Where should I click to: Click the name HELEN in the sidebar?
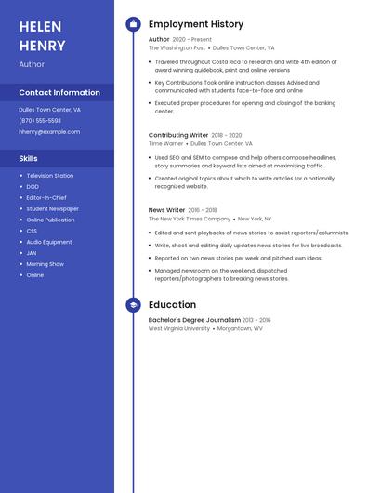coord(40,26)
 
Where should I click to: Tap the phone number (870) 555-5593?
coord(40,120)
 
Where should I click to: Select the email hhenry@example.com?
coord(49,131)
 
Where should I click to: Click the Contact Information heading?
coord(59,92)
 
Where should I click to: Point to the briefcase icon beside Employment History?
coord(133,24)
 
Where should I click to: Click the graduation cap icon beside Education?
coord(133,304)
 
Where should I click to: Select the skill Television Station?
coord(50,176)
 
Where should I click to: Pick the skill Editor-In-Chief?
coord(46,197)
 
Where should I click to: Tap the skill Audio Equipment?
coord(49,242)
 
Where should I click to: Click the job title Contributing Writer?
coord(178,135)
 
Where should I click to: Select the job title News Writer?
coord(167,210)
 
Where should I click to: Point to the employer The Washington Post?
coord(177,47)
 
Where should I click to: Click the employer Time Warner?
coord(166,143)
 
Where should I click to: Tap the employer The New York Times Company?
coord(190,219)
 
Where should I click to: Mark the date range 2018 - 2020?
coord(227,135)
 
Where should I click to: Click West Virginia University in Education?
coord(179,328)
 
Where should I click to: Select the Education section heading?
coord(172,304)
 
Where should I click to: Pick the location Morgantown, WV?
coord(240,328)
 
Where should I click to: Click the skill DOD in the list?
coord(32,187)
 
